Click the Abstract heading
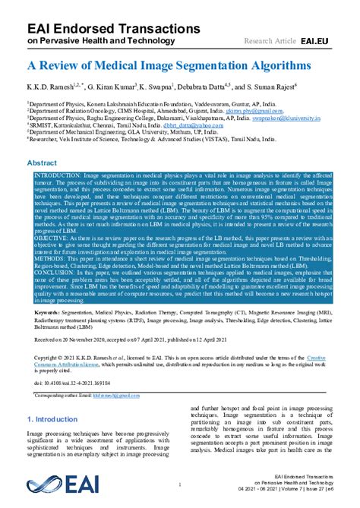coord(42,163)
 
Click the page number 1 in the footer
coord(179,484)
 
